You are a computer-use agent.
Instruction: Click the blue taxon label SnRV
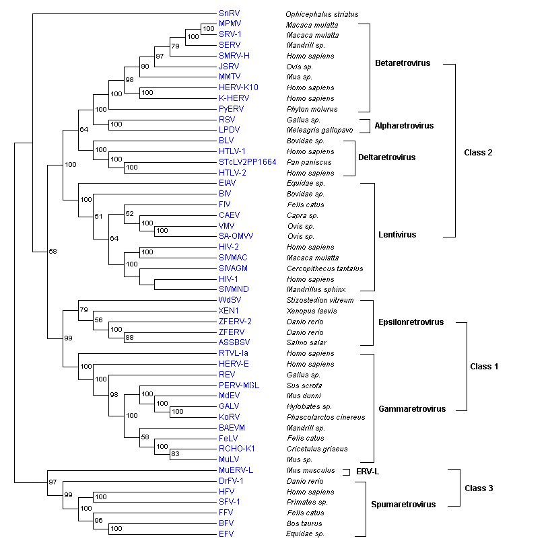click(x=229, y=13)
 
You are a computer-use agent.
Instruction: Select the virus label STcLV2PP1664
click(x=247, y=162)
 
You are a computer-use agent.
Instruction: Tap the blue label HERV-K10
click(x=238, y=87)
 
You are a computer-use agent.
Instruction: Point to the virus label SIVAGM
click(x=233, y=268)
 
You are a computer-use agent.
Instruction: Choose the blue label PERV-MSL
click(x=238, y=385)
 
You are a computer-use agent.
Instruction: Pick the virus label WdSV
click(x=230, y=300)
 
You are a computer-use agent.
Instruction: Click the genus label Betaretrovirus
click(x=402, y=63)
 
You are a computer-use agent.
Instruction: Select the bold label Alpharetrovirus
click(x=404, y=126)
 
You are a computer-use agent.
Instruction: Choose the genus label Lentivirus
click(x=397, y=235)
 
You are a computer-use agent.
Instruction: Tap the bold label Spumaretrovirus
click(x=403, y=504)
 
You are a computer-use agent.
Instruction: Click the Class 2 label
click(x=478, y=153)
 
